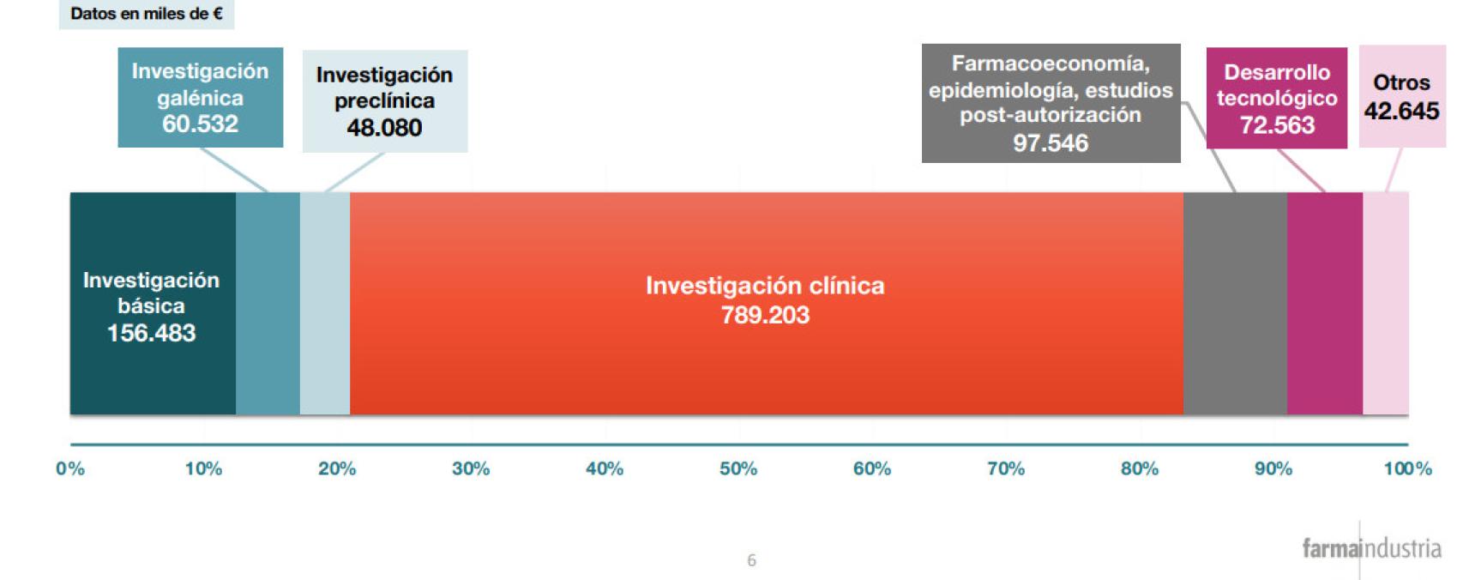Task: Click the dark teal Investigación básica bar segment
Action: [x=153, y=303]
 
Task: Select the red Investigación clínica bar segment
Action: [x=766, y=303]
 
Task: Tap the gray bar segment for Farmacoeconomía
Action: [x=1235, y=303]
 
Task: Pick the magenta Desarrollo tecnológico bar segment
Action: [x=1325, y=303]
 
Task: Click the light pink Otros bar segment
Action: [x=1386, y=303]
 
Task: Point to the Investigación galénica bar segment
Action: [x=268, y=303]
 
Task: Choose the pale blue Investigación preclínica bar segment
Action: [x=325, y=303]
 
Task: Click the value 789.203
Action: [x=766, y=316]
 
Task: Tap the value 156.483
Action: [x=152, y=333]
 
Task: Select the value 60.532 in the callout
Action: [x=200, y=124]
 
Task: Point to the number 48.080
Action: [x=385, y=127]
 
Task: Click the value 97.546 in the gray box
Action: [x=1051, y=143]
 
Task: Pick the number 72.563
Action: [x=1277, y=124]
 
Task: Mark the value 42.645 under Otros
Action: [x=1401, y=111]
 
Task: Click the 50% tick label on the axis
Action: [x=738, y=468]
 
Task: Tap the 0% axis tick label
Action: [x=70, y=468]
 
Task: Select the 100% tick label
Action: [x=1408, y=468]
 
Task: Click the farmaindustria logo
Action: [x=1371, y=548]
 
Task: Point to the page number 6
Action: [x=752, y=560]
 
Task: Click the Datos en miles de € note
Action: [x=147, y=14]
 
